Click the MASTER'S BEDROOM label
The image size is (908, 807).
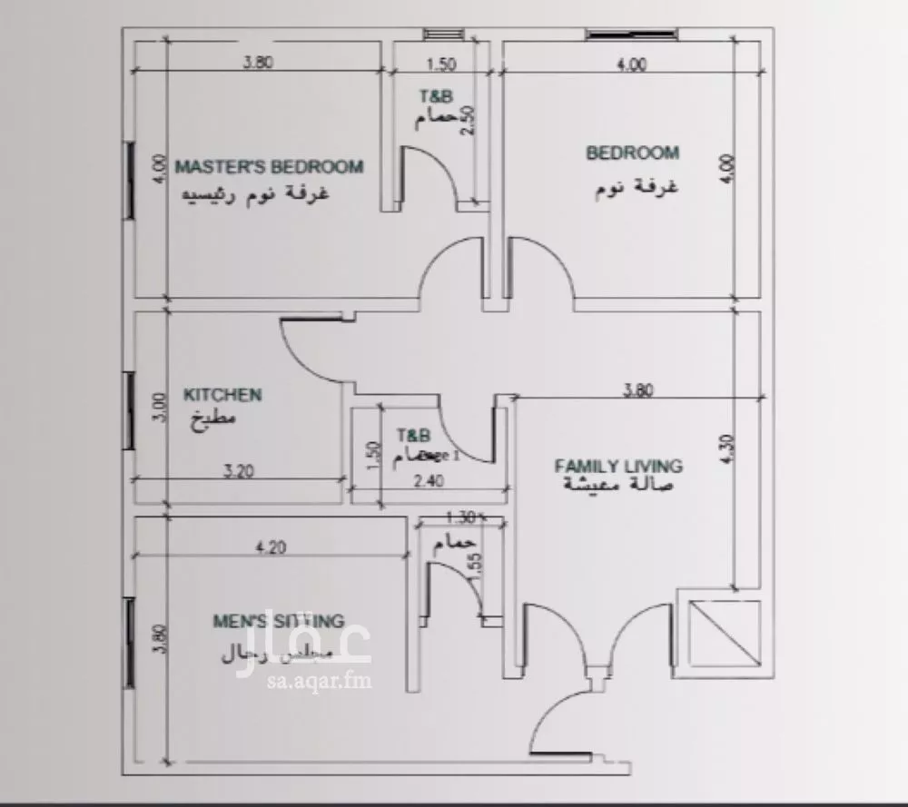point(269,167)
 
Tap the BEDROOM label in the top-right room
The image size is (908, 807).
point(632,153)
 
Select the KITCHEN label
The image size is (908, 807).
point(222,395)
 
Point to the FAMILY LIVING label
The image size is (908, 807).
point(618,466)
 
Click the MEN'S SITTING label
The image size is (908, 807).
point(278,622)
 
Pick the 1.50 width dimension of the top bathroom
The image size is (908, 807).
point(441,64)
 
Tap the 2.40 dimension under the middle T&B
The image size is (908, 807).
point(428,482)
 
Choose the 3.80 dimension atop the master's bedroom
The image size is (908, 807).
point(258,64)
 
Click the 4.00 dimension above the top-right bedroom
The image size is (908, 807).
point(632,64)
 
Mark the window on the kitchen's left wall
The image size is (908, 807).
point(129,409)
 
